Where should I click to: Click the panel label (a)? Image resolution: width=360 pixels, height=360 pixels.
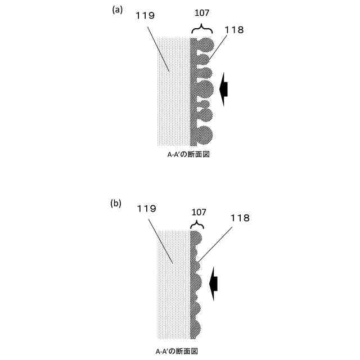tap(118, 9)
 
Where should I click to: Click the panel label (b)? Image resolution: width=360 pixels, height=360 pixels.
tap(116, 204)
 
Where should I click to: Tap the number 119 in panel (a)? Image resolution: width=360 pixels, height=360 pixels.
tap(145, 16)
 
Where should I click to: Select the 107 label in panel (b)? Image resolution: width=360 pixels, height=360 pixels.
tap(197, 213)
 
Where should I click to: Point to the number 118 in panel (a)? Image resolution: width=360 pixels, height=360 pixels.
tap(233, 30)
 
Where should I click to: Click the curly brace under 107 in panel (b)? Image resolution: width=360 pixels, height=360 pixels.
tap(197, 225)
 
